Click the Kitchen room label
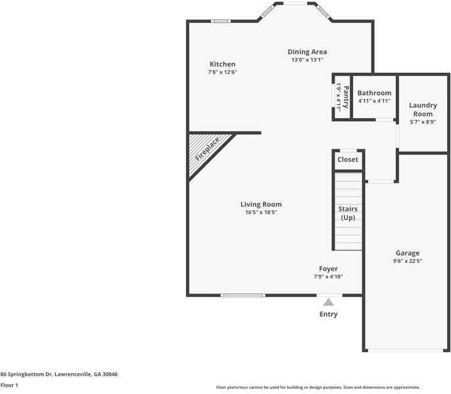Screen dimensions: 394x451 tap(222, 64)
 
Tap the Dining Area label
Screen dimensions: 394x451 tap(307, 52)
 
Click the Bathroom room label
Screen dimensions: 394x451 tap(374, 93)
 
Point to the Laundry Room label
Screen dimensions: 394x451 tap(423, 109)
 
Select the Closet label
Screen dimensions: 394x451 tap(348, 160)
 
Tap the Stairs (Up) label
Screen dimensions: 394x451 tap(348, 213)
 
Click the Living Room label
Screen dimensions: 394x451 tap(261, 204)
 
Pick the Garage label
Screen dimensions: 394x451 tap(408, 253)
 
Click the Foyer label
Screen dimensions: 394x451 tap(328, 269)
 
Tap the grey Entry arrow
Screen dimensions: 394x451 tap(328, 301)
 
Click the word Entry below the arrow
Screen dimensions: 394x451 tap(328, 315)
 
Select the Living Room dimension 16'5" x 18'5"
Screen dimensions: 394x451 tap(261, 213)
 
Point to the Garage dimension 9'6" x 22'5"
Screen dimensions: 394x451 tap(408, 261)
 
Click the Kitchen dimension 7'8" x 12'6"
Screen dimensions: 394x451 tap(222, 72)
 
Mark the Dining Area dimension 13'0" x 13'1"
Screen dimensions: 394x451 tap(307, 60)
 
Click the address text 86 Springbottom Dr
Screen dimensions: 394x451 tap(59, 374)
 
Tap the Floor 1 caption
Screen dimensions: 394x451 tap(9, 385)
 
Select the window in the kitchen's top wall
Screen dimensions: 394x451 tap(220, 21)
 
